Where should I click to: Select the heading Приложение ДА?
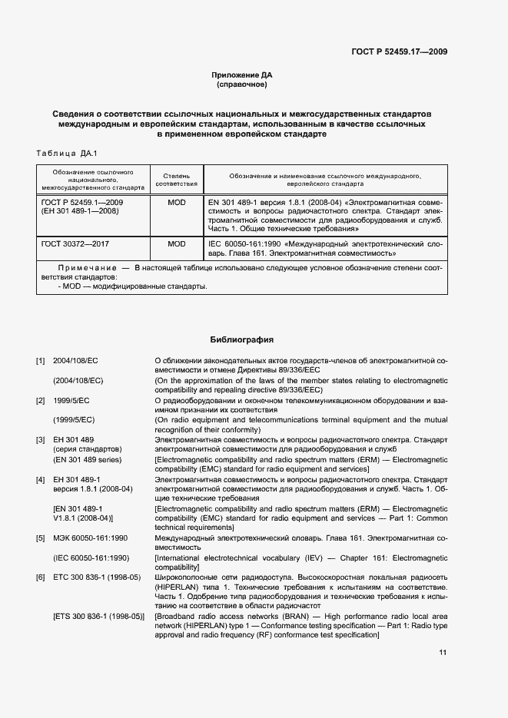241,74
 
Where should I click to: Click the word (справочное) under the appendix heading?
241,84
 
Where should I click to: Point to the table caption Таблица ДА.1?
68,154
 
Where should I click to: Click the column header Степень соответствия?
177,180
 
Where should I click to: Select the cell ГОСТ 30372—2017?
75,243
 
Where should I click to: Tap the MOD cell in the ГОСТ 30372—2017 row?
177,243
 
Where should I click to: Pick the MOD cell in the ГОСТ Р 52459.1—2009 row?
177,202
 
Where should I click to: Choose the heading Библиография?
241,339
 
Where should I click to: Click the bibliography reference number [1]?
40,359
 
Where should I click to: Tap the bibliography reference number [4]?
40,479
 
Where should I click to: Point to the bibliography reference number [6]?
40,577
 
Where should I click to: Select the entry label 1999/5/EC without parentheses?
71,400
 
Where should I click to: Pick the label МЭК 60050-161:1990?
90,538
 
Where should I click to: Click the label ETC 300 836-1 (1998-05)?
97,577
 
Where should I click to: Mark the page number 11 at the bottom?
443,653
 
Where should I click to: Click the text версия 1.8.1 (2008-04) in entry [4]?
93,489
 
